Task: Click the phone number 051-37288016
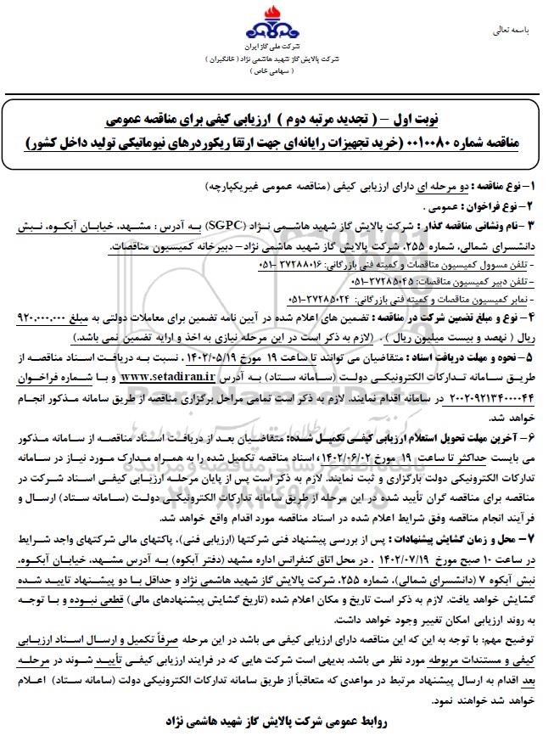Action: tap(287, 264)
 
